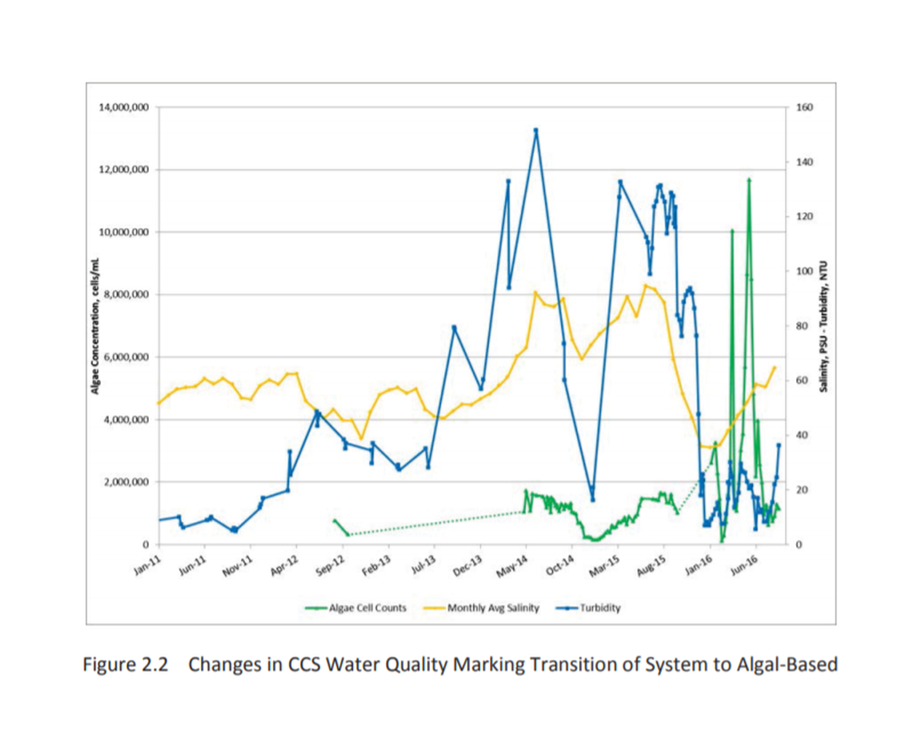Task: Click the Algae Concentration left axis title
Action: (x=95, y=326)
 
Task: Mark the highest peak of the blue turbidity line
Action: (x=535, y=129)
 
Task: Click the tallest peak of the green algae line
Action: (x=749, y=179)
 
